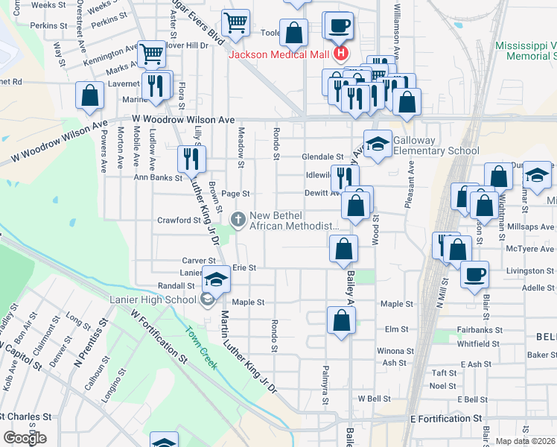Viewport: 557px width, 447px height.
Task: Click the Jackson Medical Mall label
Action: (x=280, y=54)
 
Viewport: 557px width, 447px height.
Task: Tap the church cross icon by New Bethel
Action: (x=238, y=219)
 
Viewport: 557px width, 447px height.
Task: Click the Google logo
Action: (x=25, y=438)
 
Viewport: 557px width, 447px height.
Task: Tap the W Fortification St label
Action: (x=159, y=337)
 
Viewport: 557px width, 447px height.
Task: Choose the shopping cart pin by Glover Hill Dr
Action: (x=152, y=53)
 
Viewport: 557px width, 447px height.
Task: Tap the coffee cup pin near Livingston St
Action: (x=474, y=273)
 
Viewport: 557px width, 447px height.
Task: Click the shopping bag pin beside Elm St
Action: (x=340, y=320)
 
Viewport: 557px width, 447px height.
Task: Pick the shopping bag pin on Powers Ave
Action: (x=89, y=95)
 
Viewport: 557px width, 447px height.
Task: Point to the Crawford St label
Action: (x=175, y=220)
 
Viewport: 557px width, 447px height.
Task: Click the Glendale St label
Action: (x=322, y=157)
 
